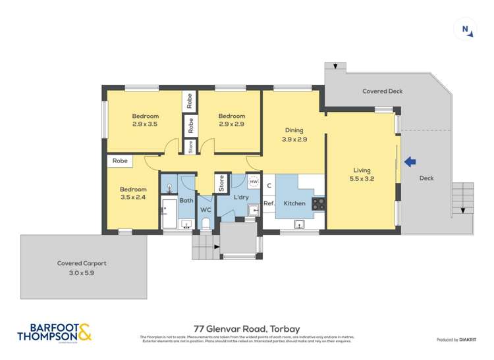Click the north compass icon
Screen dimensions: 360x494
(465, 29)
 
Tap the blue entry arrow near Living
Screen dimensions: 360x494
(410, 161)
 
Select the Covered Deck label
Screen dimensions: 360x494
(382, 91)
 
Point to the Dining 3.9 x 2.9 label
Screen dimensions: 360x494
(294, 134)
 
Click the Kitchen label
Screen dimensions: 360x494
(294, 203)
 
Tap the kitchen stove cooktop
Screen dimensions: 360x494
(318, 204)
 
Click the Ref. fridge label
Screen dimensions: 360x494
(269, 203)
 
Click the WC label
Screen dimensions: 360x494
(205, 210)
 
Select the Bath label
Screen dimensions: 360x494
(186, 200)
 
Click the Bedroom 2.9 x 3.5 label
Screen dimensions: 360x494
(145, 120)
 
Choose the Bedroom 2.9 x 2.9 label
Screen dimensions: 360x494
(232, 120)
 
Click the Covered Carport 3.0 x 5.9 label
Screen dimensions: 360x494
(82, 267)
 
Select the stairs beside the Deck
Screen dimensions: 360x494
(463, 199)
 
